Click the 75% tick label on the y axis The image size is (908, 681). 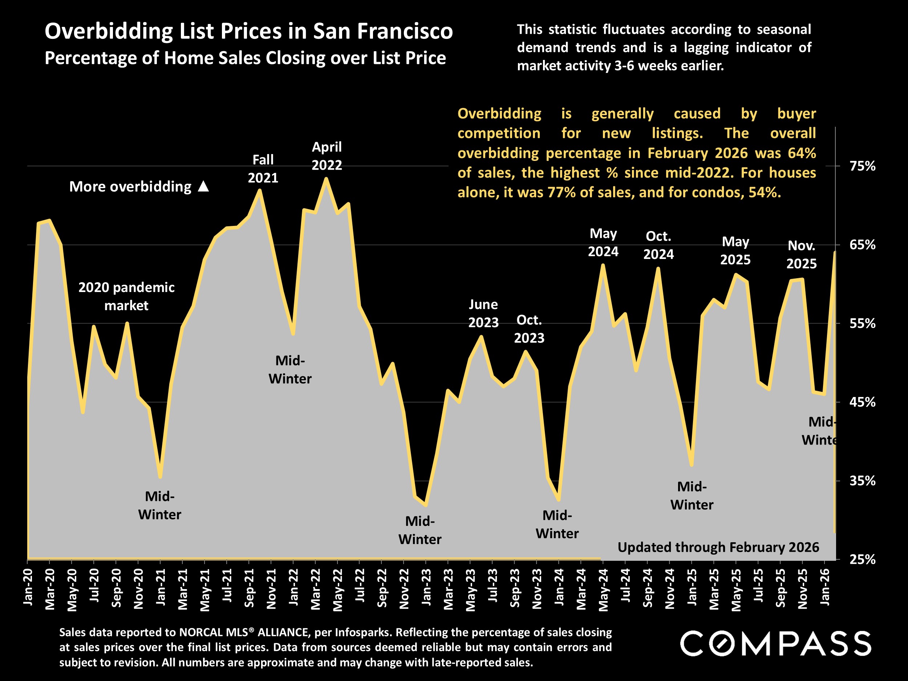point(863,166)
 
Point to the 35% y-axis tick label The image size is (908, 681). point(863,481)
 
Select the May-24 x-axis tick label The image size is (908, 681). point(603,590)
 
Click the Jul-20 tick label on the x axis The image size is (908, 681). point(94,585)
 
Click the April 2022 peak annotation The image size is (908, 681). point(327,156)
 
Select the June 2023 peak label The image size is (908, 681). point(483,313)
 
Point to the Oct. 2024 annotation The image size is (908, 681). point(658,246)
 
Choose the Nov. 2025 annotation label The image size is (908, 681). point(801,255)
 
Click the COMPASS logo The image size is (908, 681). point(776,644)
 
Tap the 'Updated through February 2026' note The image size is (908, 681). point(718,548)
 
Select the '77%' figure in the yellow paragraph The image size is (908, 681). point(562,192)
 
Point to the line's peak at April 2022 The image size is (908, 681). point(326,179)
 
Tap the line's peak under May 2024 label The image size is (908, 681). point(603,265)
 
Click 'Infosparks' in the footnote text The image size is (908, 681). point(359,633)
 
